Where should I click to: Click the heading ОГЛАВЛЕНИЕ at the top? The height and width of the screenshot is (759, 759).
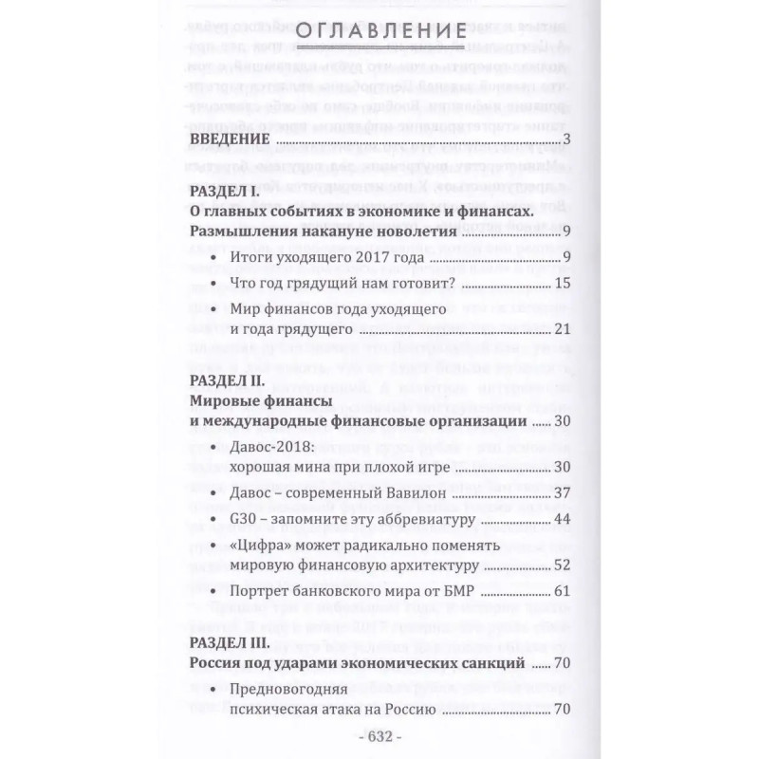coord(379,35)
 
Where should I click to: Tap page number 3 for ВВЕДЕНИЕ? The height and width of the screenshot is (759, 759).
coord(565,142)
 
